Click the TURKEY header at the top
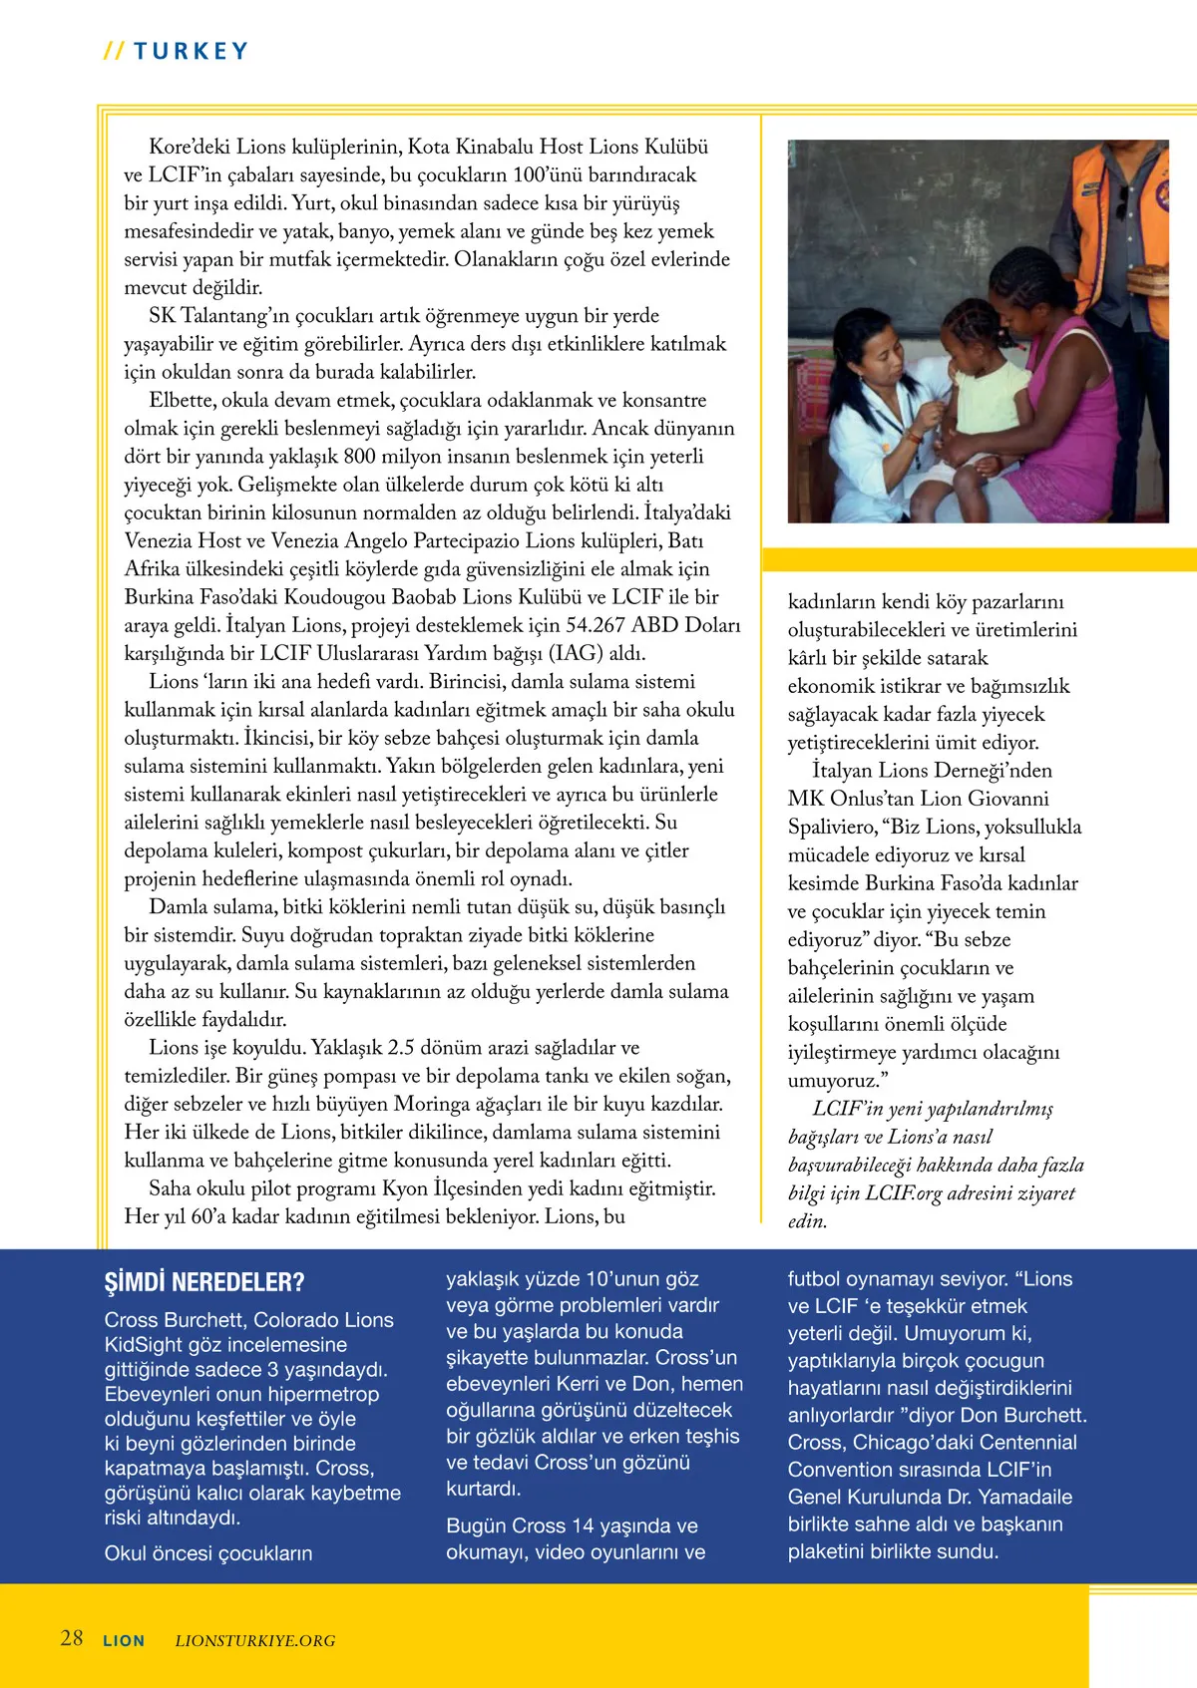[190, 51]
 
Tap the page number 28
[72, 1638]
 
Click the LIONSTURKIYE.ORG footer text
[255, 1640]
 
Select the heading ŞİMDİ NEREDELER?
[204, 1282]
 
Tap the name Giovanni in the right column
[1008, 799]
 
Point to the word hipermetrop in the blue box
[327, 1394]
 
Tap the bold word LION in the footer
[124, 1640]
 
